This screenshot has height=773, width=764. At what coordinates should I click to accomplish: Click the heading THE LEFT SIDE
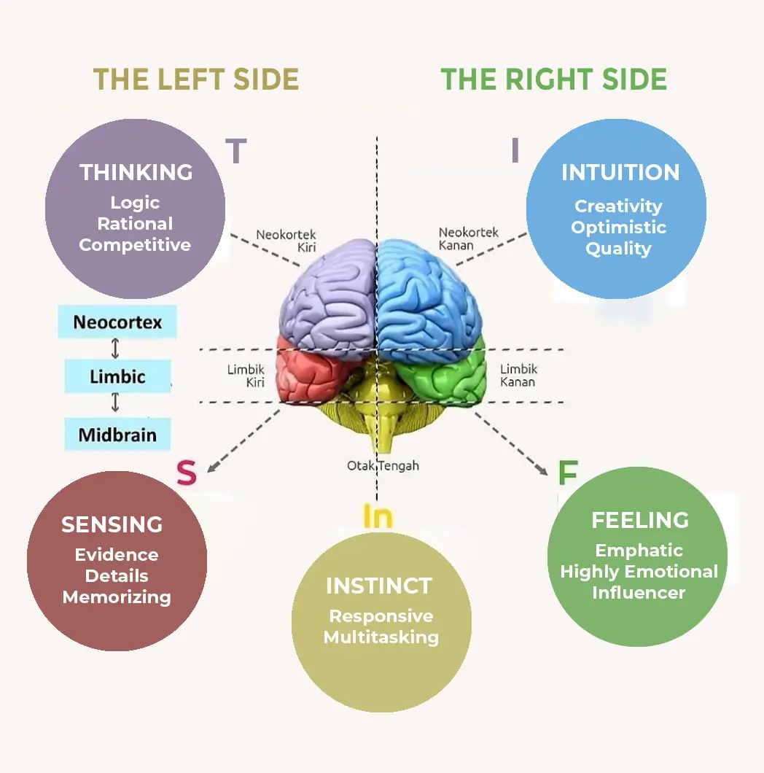196,79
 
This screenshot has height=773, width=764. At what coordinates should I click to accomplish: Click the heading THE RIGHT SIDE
554,79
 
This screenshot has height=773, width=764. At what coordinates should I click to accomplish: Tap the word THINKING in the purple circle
136,172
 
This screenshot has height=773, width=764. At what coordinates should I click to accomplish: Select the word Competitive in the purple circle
135,245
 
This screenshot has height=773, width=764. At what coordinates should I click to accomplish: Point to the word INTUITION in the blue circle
620,172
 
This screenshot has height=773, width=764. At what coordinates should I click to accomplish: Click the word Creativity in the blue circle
618,206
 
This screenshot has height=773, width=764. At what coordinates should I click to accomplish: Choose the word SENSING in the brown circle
112,524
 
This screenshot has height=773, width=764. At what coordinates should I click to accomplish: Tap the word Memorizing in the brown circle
117,597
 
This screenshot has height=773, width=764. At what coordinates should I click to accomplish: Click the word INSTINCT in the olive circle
379,586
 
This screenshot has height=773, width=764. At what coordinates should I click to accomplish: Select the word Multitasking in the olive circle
381,637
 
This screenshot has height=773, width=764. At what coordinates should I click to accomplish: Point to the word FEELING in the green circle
640,520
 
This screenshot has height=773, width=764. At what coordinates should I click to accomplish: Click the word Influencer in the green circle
639,592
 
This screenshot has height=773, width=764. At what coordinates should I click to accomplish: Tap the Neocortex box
117,322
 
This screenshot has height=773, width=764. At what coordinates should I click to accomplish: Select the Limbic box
117,377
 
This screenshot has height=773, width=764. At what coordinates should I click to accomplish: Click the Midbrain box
117,435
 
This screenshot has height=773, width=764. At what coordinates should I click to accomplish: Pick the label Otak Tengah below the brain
383,465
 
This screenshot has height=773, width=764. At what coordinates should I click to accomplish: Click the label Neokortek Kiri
286,241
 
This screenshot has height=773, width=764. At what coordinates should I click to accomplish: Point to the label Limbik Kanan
518,376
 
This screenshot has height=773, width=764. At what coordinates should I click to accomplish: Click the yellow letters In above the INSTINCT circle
378,516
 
